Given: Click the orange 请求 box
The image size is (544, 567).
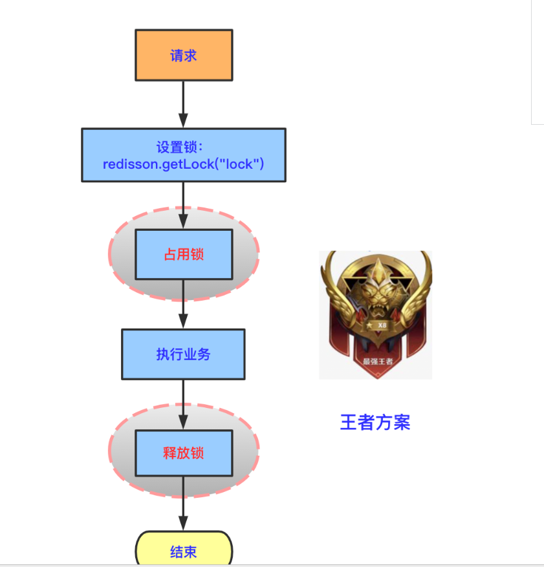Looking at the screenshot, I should click(183, 55).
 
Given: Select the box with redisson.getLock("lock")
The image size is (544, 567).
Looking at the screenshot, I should click(183, 155).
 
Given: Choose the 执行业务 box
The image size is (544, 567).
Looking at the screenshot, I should click(183, 354).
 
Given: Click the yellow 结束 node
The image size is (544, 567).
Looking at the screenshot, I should click(183, 551).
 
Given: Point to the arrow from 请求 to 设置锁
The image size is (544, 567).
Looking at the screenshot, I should click(183, 103).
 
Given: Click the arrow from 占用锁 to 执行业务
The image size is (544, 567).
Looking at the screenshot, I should click(183, 304).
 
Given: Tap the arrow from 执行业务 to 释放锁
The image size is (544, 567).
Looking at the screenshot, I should click(183, 404).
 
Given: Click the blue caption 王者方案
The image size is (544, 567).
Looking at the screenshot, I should click(375, 423).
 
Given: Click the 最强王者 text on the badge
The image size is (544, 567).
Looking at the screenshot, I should click(376, 361).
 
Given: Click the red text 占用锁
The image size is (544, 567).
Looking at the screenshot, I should click(183, 254).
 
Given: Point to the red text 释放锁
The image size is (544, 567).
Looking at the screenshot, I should click(183, 453).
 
